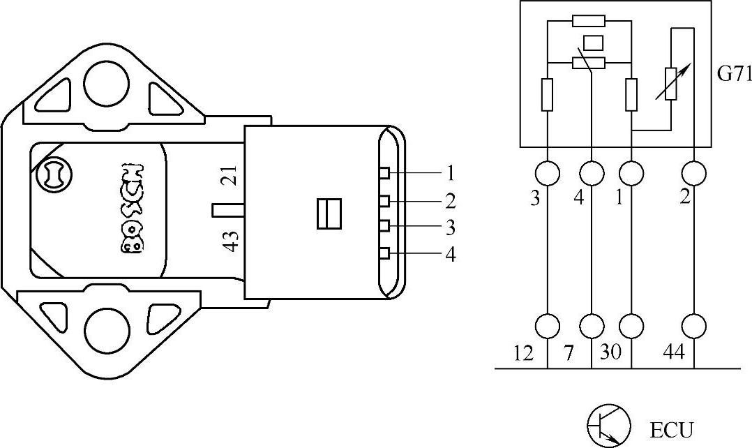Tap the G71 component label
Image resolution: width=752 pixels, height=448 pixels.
734,74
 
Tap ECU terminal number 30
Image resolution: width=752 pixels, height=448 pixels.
614,354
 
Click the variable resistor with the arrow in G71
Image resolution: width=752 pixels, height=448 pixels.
671,83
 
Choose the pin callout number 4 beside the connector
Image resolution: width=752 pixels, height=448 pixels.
450,255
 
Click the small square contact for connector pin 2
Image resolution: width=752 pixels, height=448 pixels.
384,202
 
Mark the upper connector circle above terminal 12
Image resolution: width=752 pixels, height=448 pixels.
548,172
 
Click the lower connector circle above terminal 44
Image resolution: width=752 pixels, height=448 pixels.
694,325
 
